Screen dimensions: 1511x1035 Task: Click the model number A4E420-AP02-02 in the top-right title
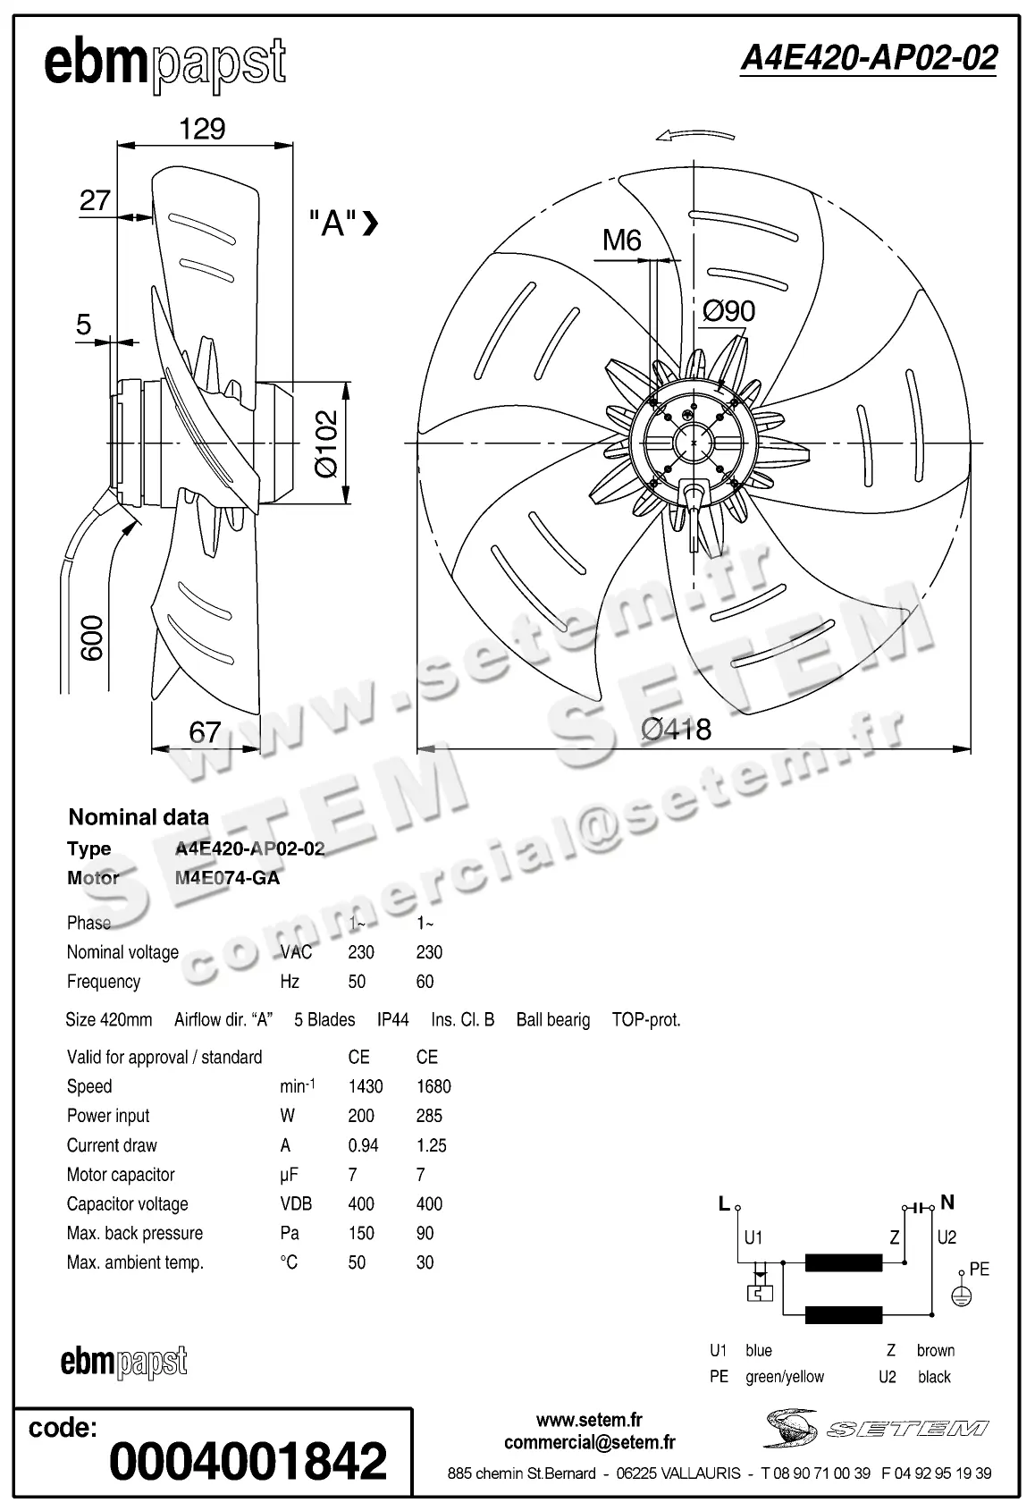tap(868, 58)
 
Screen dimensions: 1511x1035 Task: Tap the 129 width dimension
tap(202, 129)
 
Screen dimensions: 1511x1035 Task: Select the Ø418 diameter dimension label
tap(677, 730)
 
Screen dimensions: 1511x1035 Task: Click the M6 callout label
tap(621, 240)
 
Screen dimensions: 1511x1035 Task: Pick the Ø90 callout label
tap(728, 311)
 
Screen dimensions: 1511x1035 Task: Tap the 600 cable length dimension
tap(92, 637)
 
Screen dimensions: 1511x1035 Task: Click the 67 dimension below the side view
tap(205, 732)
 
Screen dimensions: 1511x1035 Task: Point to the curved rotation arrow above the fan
tap(694, 135)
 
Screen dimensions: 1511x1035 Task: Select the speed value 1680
tap(433, 1086)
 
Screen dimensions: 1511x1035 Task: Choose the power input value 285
tap(429, 1116)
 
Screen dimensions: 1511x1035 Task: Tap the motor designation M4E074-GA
tap(227, 878)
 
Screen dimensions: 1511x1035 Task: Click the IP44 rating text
tap(392, 1019)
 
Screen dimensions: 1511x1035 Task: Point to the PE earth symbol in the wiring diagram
tap(961, 1296)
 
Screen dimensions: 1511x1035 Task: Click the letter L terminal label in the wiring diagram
tap(724, 1203)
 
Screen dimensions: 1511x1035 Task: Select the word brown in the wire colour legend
tap(935, 1350)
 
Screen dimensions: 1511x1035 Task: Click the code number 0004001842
tap(248, 1461)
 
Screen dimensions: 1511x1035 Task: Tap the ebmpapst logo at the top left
tap(165, 63)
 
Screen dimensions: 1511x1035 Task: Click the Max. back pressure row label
tap(135, 1233)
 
